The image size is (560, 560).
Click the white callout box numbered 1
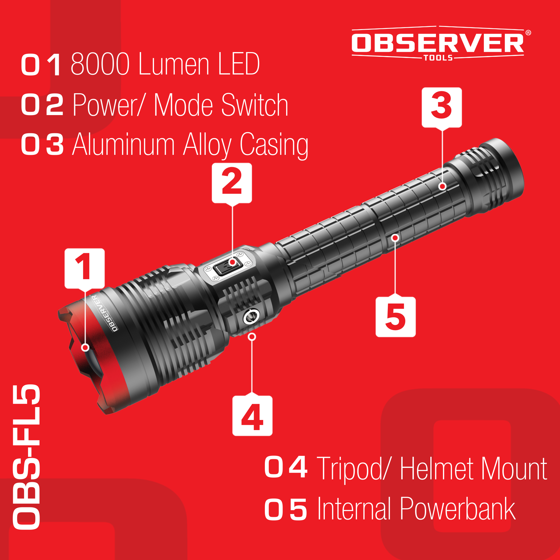click(x=84, y=269)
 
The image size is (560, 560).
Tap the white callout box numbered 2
click(x=232, y=183)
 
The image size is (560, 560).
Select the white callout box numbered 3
click(x=442, y=108)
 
